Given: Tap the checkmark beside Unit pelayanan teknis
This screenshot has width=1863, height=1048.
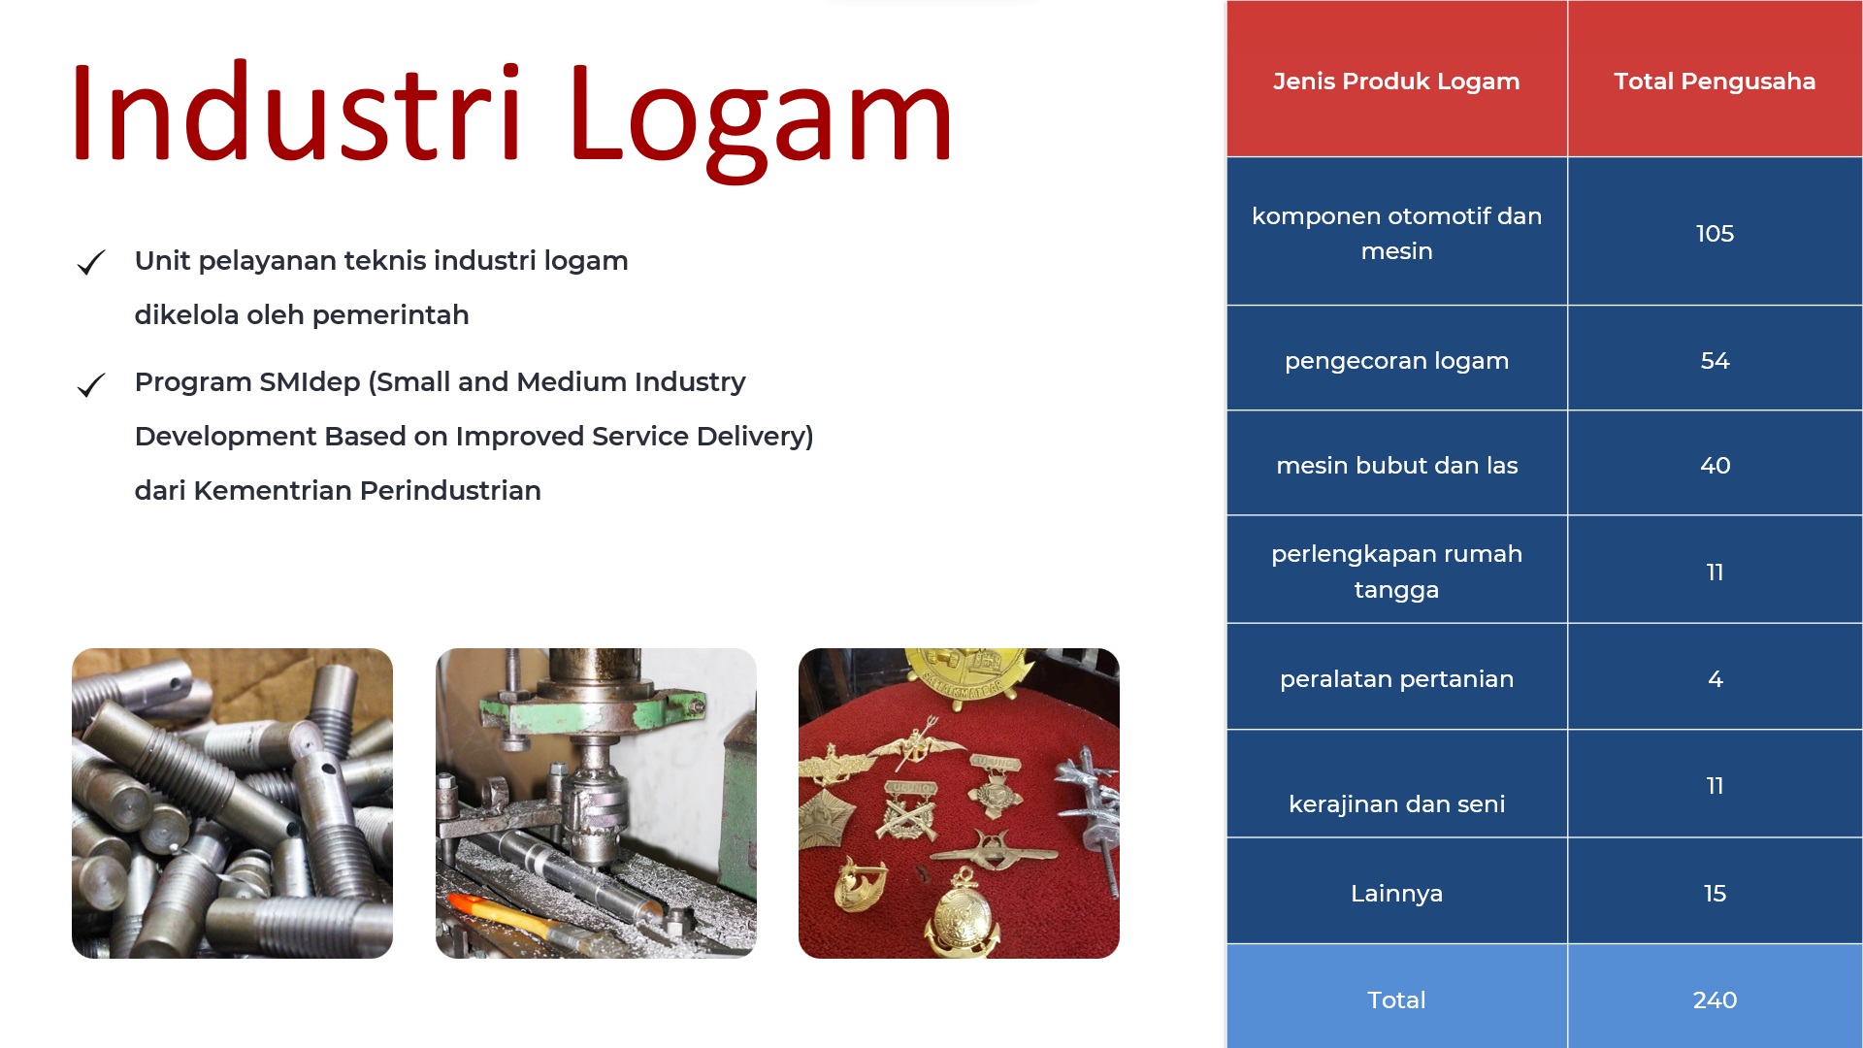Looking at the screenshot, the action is pos(91,263).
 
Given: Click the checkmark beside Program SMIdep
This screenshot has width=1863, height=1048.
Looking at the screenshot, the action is pos(91,385).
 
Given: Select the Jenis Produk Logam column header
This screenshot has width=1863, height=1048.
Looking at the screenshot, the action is pos(1396,82).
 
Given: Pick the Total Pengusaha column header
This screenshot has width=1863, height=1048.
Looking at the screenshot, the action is pos(1715,82).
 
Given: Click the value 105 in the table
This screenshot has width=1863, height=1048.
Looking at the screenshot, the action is pos(1715,234).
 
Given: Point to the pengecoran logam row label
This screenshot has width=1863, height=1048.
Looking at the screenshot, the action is pos(1396,362).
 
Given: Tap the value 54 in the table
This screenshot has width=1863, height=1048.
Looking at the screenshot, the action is pos(1715,361).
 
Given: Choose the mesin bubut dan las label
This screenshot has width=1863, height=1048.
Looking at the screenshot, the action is pos(1396,466).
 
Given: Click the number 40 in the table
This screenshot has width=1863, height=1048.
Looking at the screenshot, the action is pos(1715,466).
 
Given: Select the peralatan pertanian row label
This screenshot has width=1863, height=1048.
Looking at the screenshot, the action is pos(1396,679).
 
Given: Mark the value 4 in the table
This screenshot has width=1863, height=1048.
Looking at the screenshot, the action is pos(1716,679).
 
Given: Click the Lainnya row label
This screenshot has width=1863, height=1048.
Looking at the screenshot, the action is pos(1396,894).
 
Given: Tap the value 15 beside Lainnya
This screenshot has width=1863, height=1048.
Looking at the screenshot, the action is pos(1715,894).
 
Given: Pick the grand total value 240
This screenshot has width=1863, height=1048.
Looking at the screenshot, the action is pos(1715,1000).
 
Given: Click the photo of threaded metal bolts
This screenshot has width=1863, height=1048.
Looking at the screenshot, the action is pos(232,803).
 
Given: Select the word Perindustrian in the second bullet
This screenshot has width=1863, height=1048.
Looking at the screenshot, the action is pos(450,491).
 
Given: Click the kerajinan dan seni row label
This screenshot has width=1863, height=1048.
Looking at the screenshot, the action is pos(1396,804).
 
